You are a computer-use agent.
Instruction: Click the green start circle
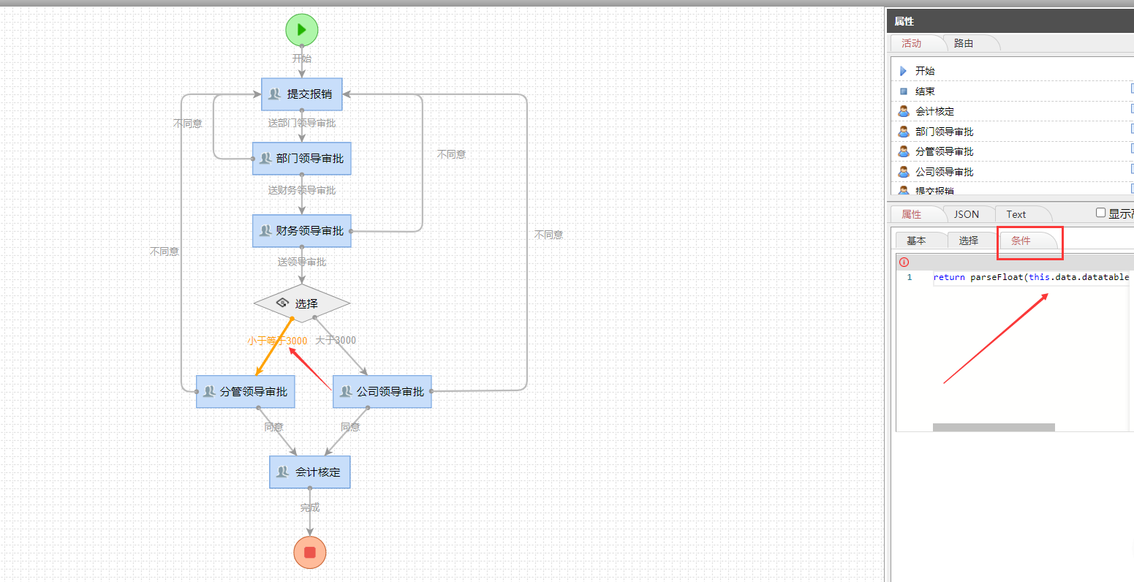tap(302, 30)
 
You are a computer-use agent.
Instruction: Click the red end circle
tap(309, 552)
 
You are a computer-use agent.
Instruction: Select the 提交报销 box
tap(302, 94)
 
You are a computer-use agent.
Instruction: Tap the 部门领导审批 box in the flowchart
tap(302, 159)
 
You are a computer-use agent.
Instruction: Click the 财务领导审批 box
tap(302, 231)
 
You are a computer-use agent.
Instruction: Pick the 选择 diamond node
tap(302, 303)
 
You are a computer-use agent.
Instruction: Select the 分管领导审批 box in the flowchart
tap(246, 392)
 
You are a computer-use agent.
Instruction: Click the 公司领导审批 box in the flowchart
tap(382, 392)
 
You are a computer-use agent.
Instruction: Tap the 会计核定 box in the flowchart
tap(310, 472)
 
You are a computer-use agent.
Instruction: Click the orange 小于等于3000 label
tap(277, 341)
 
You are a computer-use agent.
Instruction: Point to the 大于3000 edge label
tap(336, 340)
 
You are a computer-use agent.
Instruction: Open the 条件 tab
tap(1021, 241)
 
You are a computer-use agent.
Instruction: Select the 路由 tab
tap(964, 43)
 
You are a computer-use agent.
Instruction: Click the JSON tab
tap(966, 214)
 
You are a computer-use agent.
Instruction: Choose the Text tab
tap(1016, 214)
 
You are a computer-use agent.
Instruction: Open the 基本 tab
tap(916, 241)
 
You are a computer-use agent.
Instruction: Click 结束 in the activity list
tap(925, 91)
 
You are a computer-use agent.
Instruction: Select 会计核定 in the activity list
tap(934, 111)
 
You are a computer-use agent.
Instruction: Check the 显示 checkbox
tap(1100, 213)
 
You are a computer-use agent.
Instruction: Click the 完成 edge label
tap(310, 507)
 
